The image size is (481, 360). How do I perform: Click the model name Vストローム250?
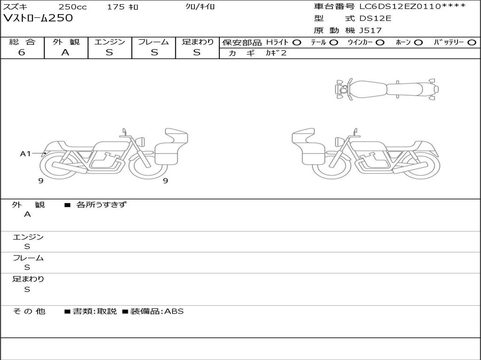pos(38,18)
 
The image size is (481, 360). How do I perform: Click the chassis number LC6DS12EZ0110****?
pos(412,6)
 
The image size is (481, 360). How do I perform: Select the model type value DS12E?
pos(375,18)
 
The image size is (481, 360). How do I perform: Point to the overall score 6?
pos(22,52)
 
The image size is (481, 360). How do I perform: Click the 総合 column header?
pos(22,42)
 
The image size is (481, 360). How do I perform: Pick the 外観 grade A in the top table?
pos(65,52)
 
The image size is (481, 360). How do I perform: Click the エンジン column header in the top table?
pos(110,42)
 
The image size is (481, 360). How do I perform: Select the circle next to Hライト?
pos(297,43)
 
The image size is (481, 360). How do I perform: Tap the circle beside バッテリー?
pos(472,43)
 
